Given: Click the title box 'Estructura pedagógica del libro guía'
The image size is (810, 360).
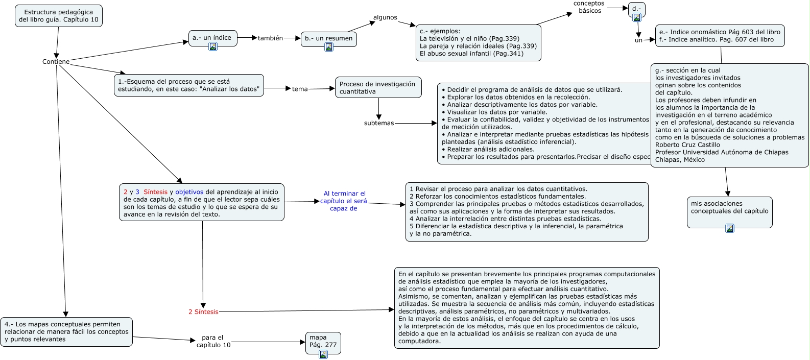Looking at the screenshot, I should click(x=58, y=16).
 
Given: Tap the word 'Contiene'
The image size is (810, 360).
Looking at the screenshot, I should click(x=56, y=62).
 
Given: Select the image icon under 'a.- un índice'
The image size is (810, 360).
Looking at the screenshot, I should click(x=213, y=46).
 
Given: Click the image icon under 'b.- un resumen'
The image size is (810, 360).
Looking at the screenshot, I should click(x=329, y=47).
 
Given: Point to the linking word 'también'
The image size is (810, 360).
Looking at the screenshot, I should click(x=270, y=38).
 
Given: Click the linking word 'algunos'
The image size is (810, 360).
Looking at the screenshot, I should click(x=385, y=17).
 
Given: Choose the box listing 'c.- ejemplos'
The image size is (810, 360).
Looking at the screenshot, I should click(x=478, y=42).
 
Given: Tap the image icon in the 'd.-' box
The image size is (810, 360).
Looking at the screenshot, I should click(x=637, y=17).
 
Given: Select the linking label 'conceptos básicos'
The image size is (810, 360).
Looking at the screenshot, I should click(x=589, y=7).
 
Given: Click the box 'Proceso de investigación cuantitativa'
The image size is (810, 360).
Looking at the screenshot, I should click(x=378, y=87).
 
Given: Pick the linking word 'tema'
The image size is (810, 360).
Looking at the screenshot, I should click(x=300, y=89).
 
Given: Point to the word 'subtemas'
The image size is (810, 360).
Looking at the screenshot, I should click(x=378, y=123).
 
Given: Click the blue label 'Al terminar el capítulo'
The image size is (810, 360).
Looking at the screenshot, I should click(x=344, y=201).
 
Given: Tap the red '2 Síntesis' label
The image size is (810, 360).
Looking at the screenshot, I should click(x=203, y=312).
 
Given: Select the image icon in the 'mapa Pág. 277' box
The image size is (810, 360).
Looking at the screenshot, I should click(x=323, y=354).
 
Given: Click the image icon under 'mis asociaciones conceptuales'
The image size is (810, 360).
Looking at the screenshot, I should click(x=730, y=228).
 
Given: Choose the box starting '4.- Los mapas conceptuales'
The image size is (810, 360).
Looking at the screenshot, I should click(x=66, y=332).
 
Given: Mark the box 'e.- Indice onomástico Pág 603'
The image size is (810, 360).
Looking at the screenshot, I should click(x=720, y=36).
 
